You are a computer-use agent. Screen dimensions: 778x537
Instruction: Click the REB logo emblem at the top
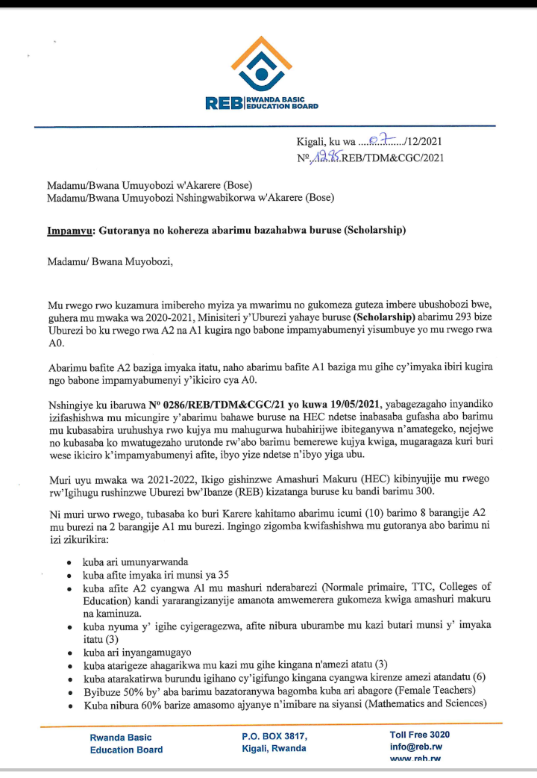click(261, 63)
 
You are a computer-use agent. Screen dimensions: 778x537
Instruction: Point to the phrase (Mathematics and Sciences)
click(417, 703)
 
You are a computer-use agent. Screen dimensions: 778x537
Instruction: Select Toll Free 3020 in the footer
click(419, 735)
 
